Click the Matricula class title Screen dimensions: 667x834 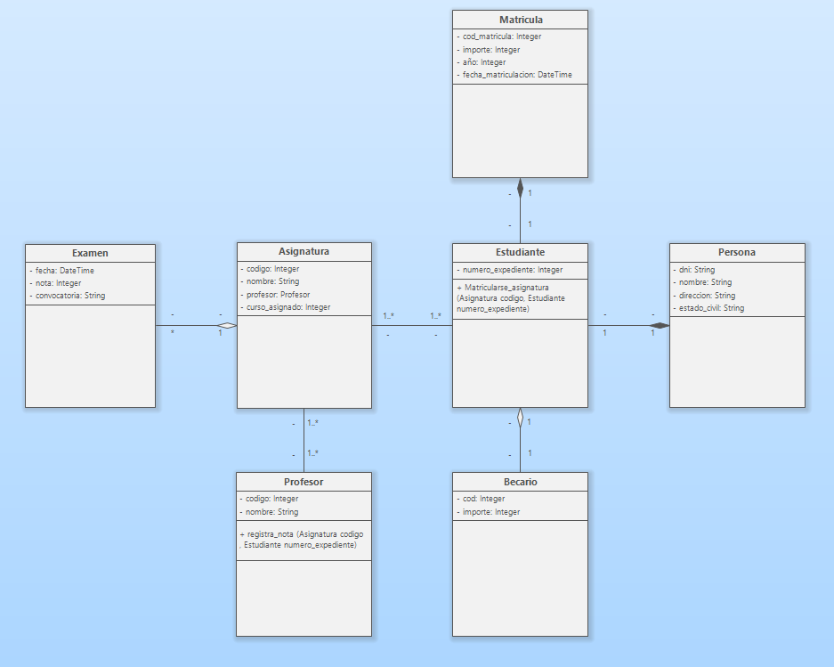(x=521, y=20)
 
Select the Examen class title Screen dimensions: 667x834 (x=90, y=253)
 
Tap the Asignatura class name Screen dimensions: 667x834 (x=304, y=251)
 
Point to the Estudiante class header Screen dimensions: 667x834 (x=521, y=252)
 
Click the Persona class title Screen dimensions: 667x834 (x=737, y=252)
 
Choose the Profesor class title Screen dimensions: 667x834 (x=304, y=482)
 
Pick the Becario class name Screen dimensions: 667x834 (x=521, y=482)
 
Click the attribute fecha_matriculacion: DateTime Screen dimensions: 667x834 (x=517, y=75)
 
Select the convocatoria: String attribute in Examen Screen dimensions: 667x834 (x=69, y=295)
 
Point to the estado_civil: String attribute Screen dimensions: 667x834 (x=709, y=308)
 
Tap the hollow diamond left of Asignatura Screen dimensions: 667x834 (x=228, y=326)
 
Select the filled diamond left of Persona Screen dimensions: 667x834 (x=660, y=326)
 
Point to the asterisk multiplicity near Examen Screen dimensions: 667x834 (x=173, y=332)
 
